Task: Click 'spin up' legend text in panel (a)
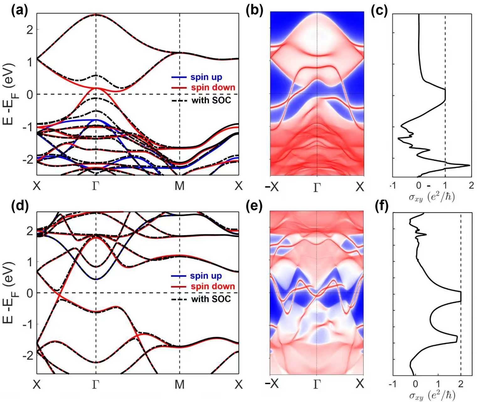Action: (x=210, y=77)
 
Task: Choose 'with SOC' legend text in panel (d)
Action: (x=211, y=299)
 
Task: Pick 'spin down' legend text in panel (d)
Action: (x=213, y=286)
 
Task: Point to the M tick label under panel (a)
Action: (x=179, y=186)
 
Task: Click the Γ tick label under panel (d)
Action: (x=96, y=385)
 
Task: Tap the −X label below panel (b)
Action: (x=272, y=187)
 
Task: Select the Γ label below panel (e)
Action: (x=317, y=384)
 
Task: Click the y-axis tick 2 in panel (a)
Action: (x=30, y=29)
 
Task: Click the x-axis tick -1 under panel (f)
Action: (x=391, y=384)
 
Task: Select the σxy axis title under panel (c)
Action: (x=432, y=197)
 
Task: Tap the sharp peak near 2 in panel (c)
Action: (x=469, y=165)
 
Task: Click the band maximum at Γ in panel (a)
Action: (x=96, y=15)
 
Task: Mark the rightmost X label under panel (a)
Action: (x=239, y=186)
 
